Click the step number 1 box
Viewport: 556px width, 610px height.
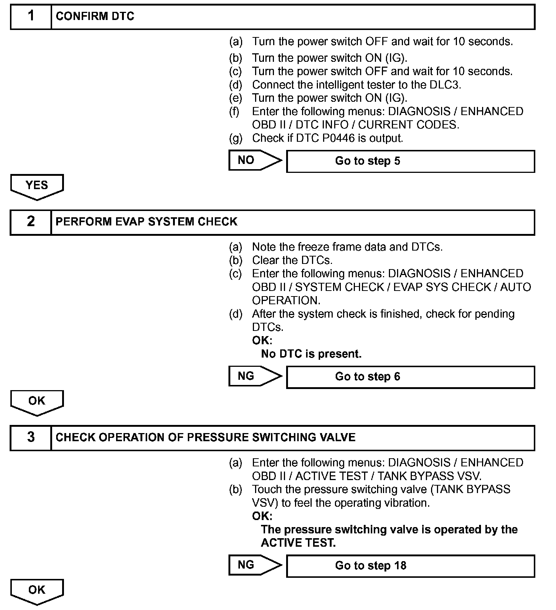tap(31, 17)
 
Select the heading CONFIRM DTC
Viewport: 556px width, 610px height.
tap(95, 17)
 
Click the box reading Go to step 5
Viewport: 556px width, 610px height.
tap(410, 161)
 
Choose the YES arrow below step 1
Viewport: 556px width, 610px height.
tap(37, 186)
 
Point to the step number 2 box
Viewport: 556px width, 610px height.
tap(31, 222)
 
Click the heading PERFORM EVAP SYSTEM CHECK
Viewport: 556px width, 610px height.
tap(146, 222)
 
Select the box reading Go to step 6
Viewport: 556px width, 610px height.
tap(410, 377)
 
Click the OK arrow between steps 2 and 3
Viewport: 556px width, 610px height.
tap(37, 402)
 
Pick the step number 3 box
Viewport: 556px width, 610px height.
tap(31, 438)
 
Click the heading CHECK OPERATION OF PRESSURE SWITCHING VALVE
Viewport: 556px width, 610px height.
tap(206, 438)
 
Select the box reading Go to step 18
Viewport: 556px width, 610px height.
tap(410, 566)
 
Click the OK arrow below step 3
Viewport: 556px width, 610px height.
tap(37, 591)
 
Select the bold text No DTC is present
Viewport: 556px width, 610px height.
tap(311, 354)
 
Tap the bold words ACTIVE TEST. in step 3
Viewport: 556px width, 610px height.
tap(298, 543)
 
